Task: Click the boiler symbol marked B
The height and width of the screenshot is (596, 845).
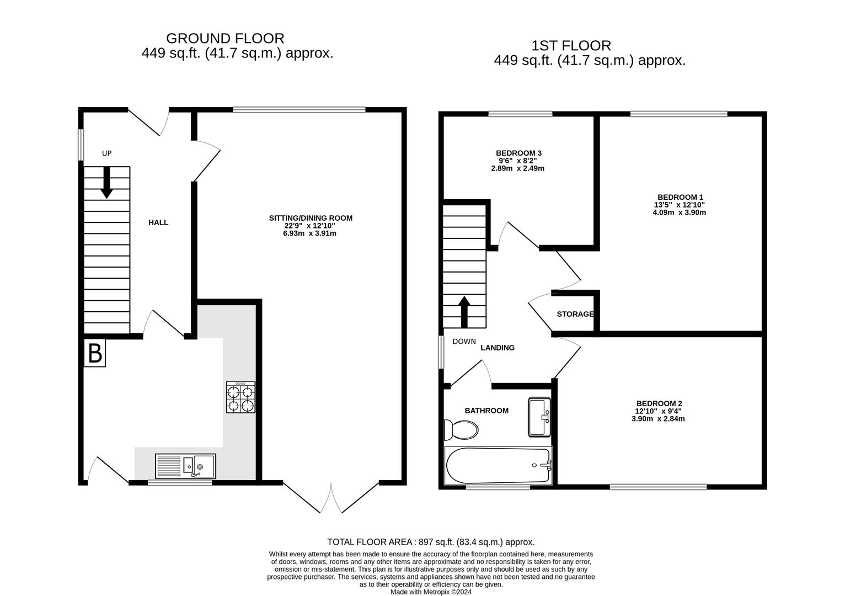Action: (x=95, y=353)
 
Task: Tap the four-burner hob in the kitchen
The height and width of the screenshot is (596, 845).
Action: (x=240, y=398)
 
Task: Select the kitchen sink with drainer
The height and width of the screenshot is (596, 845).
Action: (x=185, y=466)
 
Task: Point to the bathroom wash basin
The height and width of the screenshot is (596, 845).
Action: (x=539, y=417)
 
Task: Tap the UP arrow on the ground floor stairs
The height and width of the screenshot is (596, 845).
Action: (x=106, y=182)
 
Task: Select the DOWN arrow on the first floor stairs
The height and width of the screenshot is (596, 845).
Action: (x=464, y=312)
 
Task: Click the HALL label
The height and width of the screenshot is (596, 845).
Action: (x=158, y=222)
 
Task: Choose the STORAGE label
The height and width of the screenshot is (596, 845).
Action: (x=575, y=314)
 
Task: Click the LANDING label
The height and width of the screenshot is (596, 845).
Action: (x=498, y=348)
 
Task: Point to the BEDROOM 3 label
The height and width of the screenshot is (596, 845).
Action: (x=518, y=153)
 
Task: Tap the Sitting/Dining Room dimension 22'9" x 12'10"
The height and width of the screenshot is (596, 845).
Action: (x=310, y=226)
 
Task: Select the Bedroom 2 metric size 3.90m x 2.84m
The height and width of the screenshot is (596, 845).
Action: (x=658, y=419)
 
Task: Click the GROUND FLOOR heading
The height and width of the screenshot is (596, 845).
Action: (x=225, y=39)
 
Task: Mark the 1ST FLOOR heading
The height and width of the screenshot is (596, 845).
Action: (x=571, y=45)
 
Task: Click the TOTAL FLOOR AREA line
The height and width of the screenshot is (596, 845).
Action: (x=431, y=542)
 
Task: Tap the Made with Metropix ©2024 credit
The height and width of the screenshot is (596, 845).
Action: (x=431, y=592)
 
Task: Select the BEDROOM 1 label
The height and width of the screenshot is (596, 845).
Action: (x=680, y=197)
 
